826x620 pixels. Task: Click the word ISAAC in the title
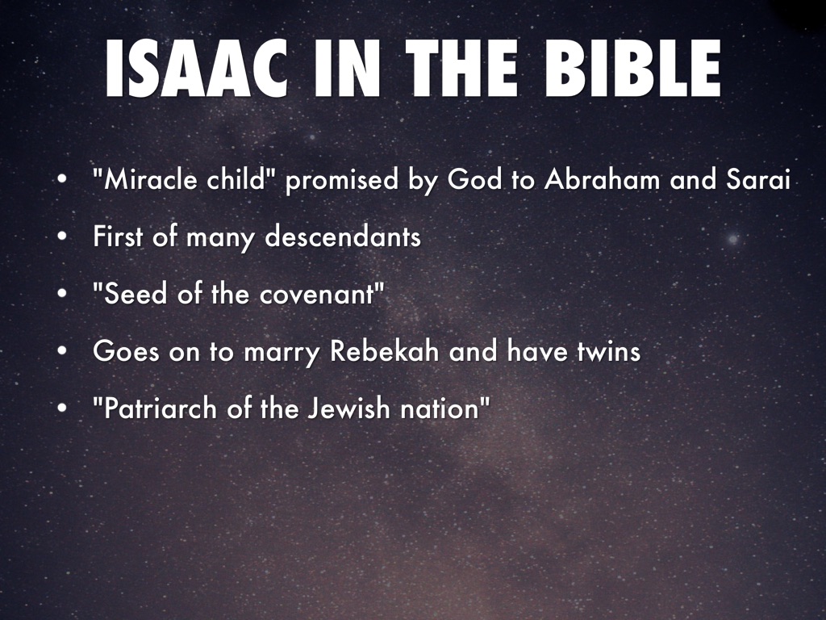196,69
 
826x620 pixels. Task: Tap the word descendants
343,237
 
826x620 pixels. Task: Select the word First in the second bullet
117,237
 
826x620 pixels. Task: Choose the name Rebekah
385,350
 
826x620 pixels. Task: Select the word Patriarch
161,408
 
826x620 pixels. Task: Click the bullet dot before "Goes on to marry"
62,350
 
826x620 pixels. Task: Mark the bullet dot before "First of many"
62,237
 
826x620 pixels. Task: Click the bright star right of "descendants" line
732,239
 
